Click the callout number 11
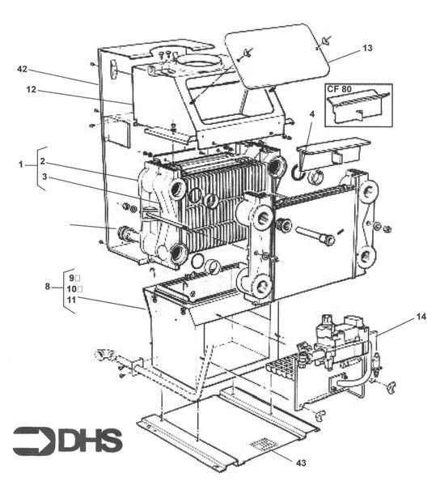click(70, 278)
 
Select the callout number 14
click(70, 288)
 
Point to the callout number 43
click(71, 299)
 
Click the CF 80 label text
click(340, 91)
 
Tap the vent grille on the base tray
click(260, 445)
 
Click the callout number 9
click(70, 278)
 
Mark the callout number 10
click(70, 288)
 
